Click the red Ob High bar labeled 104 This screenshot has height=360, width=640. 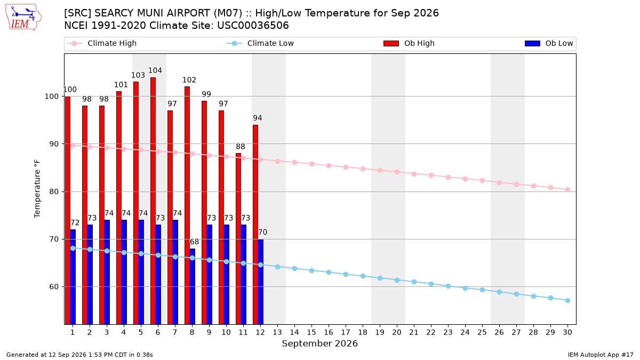tap(153, 201)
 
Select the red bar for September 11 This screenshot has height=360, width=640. tap(238, 239)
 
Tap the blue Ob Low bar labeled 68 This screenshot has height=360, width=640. tap(193, 286)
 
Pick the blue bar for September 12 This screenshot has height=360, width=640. tap(261, 282)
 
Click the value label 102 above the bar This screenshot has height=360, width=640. tap(189, 79)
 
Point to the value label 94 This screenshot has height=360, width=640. tap(258, 118)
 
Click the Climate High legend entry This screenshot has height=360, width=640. tap(102, 43)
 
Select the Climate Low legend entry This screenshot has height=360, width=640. tap(260, 43)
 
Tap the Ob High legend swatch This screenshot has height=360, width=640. tap(391, 43)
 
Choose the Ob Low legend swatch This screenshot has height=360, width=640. tap(532, 43)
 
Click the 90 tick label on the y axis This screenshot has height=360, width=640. tap(54, 144)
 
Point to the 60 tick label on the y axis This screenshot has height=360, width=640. tap(54, 286)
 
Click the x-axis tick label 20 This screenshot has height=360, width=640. tap(397, 332)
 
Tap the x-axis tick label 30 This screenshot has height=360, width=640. tap(567, 332)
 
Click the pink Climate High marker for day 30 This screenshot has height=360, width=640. tap(567, 190)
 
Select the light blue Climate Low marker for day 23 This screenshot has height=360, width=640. tap(449, 286)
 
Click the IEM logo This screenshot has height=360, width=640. tap(23, 18)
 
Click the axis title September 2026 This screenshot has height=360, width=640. tap(319, 343)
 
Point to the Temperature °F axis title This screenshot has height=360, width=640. tap(37, 189)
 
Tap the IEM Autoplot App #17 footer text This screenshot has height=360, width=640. tap(601, 355)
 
